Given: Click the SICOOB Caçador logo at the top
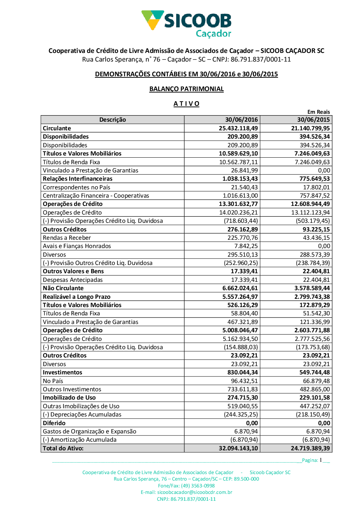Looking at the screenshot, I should point(186,24).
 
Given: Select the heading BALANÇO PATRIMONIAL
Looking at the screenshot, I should point(186,89).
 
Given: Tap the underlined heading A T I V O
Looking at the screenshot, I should point(186,104).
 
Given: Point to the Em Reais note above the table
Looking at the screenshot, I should point(318,112).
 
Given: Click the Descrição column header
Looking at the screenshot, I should point(113,120).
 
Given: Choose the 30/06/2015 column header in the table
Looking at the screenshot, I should point(313,120).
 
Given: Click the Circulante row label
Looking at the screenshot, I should point(57,128).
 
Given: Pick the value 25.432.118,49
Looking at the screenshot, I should point(238,128).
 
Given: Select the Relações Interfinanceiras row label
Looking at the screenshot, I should point(78,179).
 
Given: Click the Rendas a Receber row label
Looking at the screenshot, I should point(67,238).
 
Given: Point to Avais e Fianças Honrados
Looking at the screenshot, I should point(77,246).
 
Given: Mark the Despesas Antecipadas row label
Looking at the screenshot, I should point(73,280).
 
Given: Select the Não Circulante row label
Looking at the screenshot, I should point(63,288).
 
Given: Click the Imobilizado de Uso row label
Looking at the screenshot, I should point(69,397).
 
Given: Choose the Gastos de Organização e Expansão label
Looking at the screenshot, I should point(90,431).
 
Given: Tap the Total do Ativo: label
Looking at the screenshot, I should point(63,448).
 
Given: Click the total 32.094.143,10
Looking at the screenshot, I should point(238,448).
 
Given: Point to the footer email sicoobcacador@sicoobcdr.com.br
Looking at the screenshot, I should point(195,492).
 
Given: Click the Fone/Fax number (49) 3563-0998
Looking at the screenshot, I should point(198,486).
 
